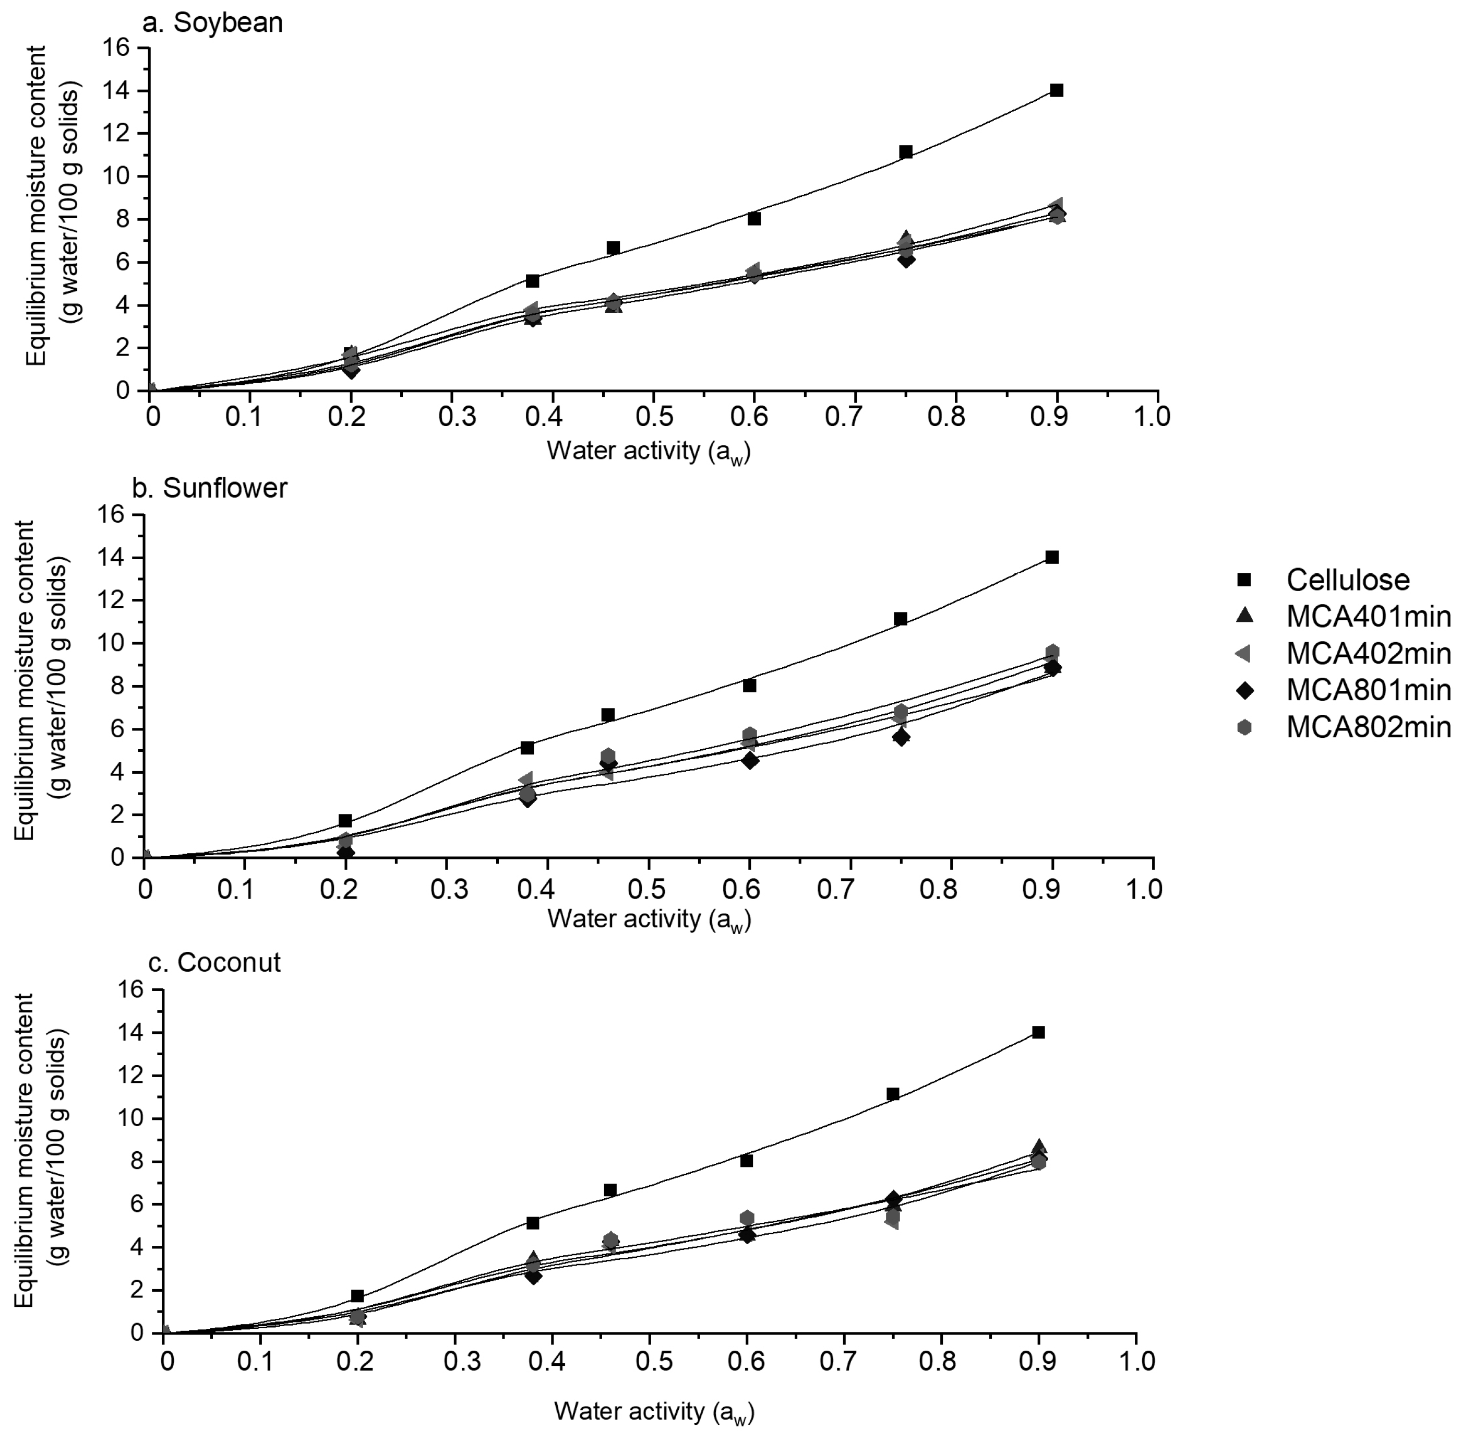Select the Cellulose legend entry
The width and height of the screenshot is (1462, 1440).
point(1348,580)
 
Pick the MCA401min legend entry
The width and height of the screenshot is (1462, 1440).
point(1368,617)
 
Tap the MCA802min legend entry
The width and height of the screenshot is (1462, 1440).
point(1368,727)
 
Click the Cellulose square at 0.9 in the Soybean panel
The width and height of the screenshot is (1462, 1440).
point(1057,90)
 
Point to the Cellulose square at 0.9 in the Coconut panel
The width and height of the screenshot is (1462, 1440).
point(1038,1032)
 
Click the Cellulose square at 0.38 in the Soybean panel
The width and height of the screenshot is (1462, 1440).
point(532,280)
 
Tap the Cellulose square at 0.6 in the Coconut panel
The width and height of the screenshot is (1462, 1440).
point(746,1160)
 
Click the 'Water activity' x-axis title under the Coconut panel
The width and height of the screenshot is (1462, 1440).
point(654,1411)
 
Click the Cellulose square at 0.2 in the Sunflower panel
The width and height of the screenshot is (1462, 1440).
point(345,821)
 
